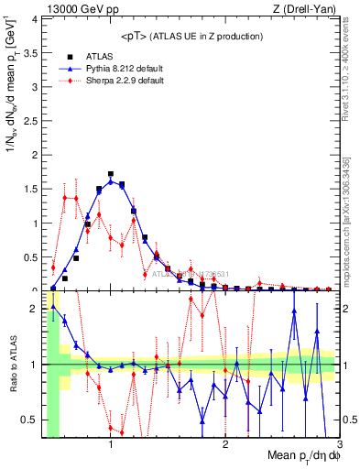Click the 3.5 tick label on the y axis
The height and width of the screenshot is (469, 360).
[x=30, y=53]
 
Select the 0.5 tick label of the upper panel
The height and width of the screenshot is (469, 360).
[x=30, y=256]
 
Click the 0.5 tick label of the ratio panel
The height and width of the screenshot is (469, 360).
[x=30, y=420]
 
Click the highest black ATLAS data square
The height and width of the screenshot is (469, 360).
[x=111, y=173]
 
